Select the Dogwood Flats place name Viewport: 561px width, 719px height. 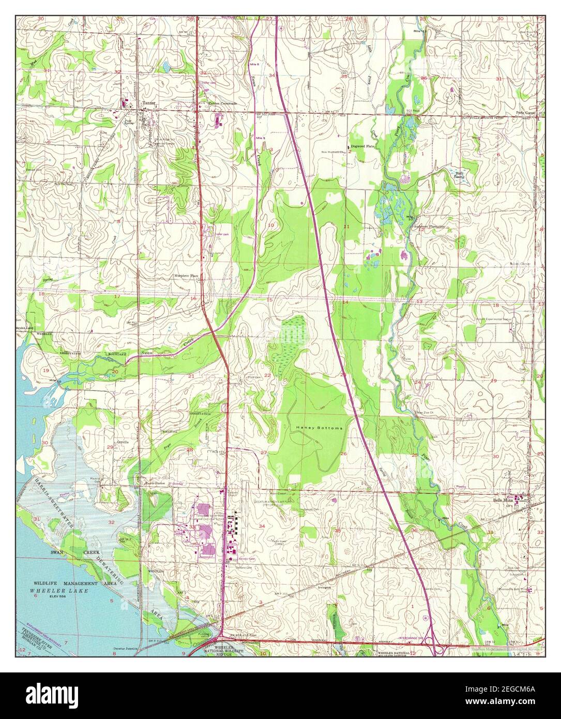pos(362,146)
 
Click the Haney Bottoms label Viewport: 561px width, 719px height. pos(313,428)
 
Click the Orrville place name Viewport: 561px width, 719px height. pos(123,442)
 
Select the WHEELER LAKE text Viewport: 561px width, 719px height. pos(59,590)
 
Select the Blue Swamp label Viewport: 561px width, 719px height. pos(459,175)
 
